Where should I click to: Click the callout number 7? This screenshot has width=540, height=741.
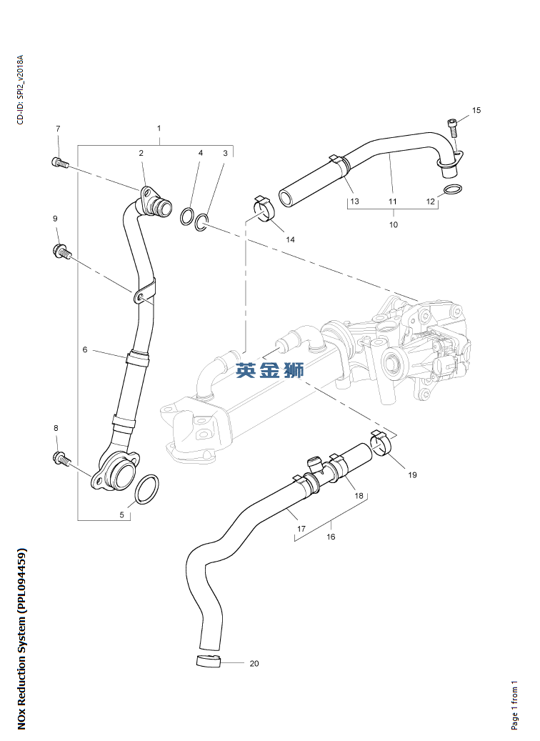coord(58,129)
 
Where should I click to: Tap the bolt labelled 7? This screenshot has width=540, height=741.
coord(59,163)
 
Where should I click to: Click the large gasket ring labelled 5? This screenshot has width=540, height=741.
coord(146,489)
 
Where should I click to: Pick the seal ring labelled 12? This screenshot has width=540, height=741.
coord(451,189)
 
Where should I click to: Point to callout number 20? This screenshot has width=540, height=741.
coord(254,664)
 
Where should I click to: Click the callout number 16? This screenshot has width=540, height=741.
coord(331,537)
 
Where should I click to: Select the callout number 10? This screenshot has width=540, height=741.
coord(392,224)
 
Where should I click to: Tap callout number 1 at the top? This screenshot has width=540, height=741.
coord(159,129)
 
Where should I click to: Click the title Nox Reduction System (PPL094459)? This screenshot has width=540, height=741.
coord(21,639)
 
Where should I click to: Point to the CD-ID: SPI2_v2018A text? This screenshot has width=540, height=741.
coord(21,89)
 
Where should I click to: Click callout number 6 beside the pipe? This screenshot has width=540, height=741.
coord(84,350)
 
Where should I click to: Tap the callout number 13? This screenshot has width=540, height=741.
coord(355,202)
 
